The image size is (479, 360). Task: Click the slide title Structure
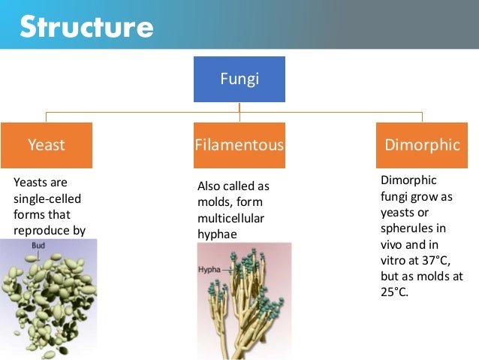[86, 28]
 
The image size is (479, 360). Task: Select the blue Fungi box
[239, 78]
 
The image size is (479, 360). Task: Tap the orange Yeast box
[47, 144]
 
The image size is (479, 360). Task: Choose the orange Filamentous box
[239, 144]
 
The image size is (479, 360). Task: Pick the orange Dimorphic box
[421, 144]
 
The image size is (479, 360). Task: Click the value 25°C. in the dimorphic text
[395, 292]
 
